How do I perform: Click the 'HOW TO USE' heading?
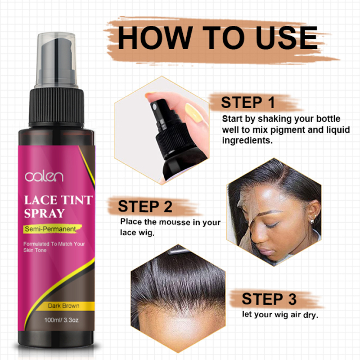tap(218, 38)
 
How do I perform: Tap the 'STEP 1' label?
tap(248, 102)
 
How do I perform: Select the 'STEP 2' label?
tap(145, 206)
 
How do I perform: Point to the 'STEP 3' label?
tap(269, 299)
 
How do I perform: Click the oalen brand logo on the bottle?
tap(44, 177)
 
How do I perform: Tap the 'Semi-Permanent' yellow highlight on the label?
tap(52, 229)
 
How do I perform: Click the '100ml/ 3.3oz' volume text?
tap(61, 320)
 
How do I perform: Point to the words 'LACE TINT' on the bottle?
tap(58, 200)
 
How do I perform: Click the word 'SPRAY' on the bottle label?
tap(44, 213)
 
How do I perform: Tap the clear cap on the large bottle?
tap(56, 60)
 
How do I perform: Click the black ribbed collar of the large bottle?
tap(56, 107)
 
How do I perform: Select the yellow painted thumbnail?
tap(193, 112)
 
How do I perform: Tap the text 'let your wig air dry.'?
tap(280, 315)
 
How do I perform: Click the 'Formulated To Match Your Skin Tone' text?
tap(54, 247)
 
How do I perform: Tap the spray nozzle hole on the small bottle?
tap(155, 107)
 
